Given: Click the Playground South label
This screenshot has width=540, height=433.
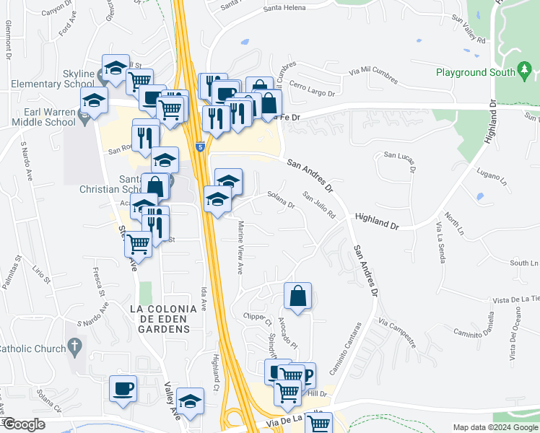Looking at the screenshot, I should (476, 72).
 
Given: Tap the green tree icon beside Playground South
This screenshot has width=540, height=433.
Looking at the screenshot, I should (525, 71).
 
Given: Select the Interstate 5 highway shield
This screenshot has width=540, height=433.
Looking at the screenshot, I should (200, 147).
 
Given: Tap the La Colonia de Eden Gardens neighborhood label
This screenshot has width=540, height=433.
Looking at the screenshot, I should (162, 318).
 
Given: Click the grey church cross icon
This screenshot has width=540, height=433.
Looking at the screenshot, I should (75, 346).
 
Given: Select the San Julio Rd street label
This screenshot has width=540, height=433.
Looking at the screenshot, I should (319, 206).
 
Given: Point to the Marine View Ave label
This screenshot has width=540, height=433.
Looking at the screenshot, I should (240, 248).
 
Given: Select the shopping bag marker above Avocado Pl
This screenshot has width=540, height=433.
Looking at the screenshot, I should (297, 296).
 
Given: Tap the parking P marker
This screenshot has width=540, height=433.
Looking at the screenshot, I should (306, 375).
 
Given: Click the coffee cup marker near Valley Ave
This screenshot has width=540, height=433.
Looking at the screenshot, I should (123, 388).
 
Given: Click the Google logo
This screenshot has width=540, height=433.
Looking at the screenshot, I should (24, 424).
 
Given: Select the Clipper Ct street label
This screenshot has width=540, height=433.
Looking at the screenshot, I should (256, 317).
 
